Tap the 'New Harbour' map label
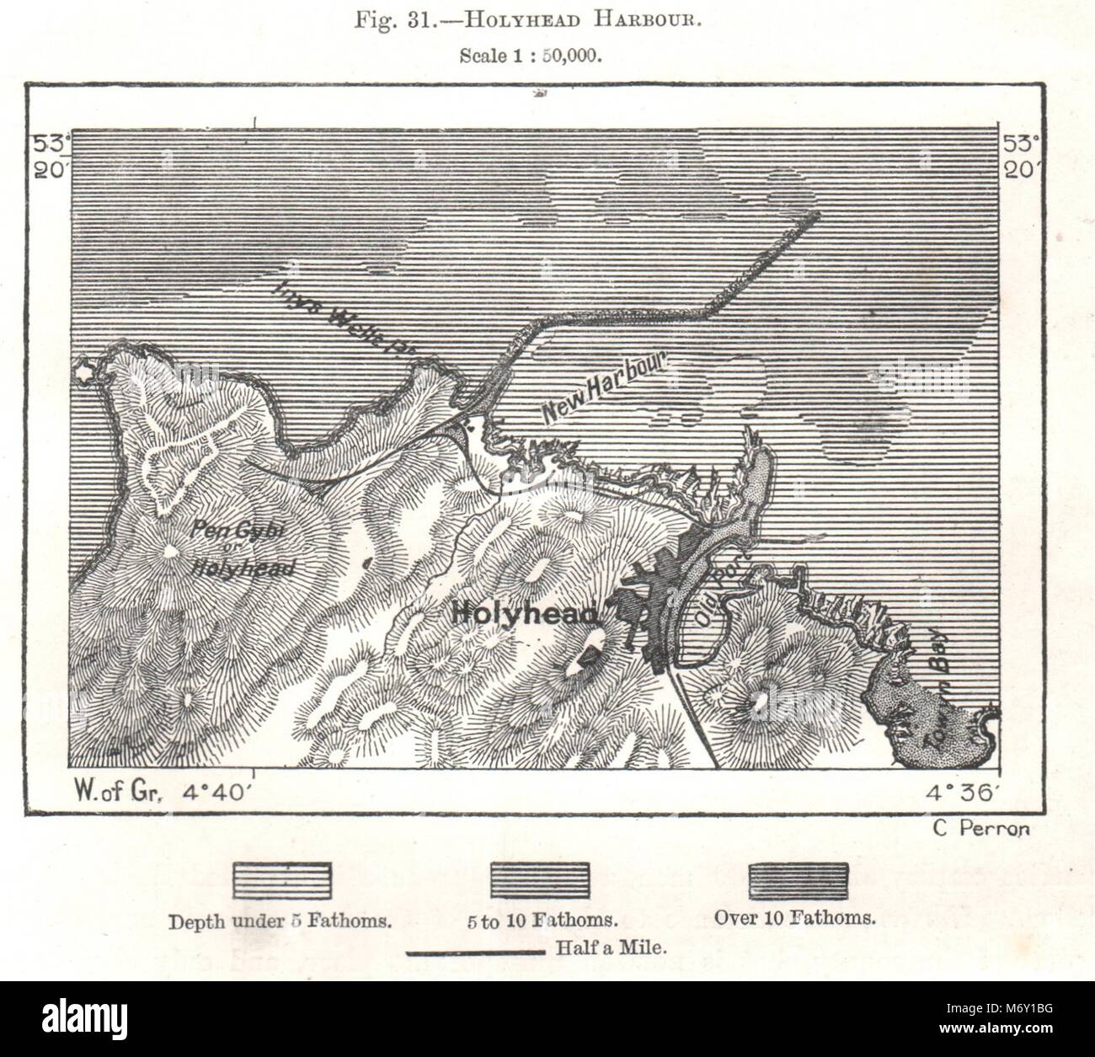(605, 388)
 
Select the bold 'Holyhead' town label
(529, 613)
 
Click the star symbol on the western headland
(84, 370)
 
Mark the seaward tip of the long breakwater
(814, 216)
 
